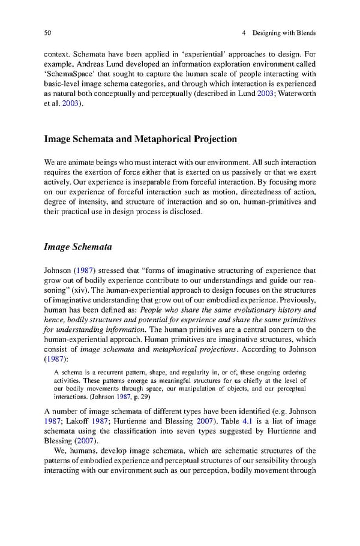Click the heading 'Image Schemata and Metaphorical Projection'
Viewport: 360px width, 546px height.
point(140,139)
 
